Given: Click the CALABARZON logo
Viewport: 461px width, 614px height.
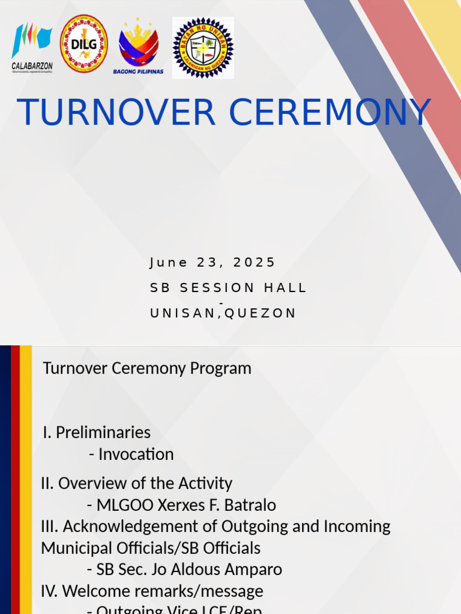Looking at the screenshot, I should pos(32,46).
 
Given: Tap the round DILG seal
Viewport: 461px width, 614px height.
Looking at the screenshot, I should pos(84,44).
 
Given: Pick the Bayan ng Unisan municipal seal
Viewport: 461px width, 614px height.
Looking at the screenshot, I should pos(203,47).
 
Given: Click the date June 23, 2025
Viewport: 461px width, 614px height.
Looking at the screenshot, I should pos(212,263).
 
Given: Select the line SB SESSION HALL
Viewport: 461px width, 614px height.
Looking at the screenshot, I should pos(228,288).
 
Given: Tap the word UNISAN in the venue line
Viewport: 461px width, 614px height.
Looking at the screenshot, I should pos(184,314).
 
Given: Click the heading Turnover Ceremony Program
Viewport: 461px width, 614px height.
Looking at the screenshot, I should pos(147,368).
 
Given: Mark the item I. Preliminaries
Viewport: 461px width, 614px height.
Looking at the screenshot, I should pos(97,432).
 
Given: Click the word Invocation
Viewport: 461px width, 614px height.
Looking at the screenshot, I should pos(136,454).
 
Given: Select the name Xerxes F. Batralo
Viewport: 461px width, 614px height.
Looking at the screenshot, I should pos(217,505).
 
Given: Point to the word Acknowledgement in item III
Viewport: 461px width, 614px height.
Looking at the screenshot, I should pos(140,526).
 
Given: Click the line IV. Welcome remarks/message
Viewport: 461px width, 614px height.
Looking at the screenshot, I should pos(152,591).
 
